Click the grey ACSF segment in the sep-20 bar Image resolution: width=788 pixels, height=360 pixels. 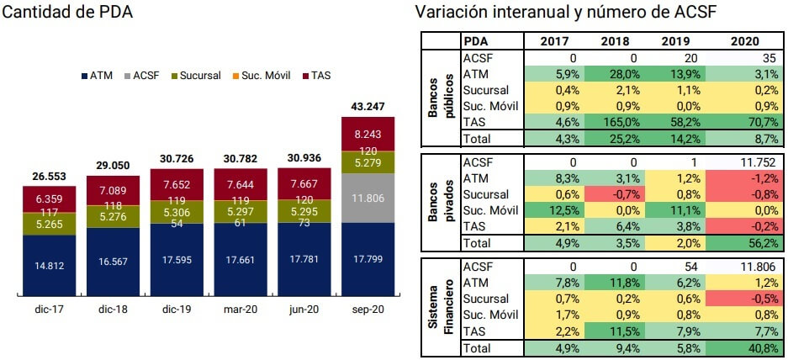coord(367,198)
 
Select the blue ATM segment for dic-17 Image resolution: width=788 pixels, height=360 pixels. coord(49,266)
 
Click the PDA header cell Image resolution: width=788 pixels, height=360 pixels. coord(476,41)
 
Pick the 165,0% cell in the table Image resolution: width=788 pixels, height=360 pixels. coord(603,122)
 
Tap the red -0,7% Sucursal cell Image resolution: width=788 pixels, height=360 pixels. coord(603,194)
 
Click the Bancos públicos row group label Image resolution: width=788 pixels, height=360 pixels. coord(441,98)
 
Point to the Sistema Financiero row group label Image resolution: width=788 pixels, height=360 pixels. coord(441,307)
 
